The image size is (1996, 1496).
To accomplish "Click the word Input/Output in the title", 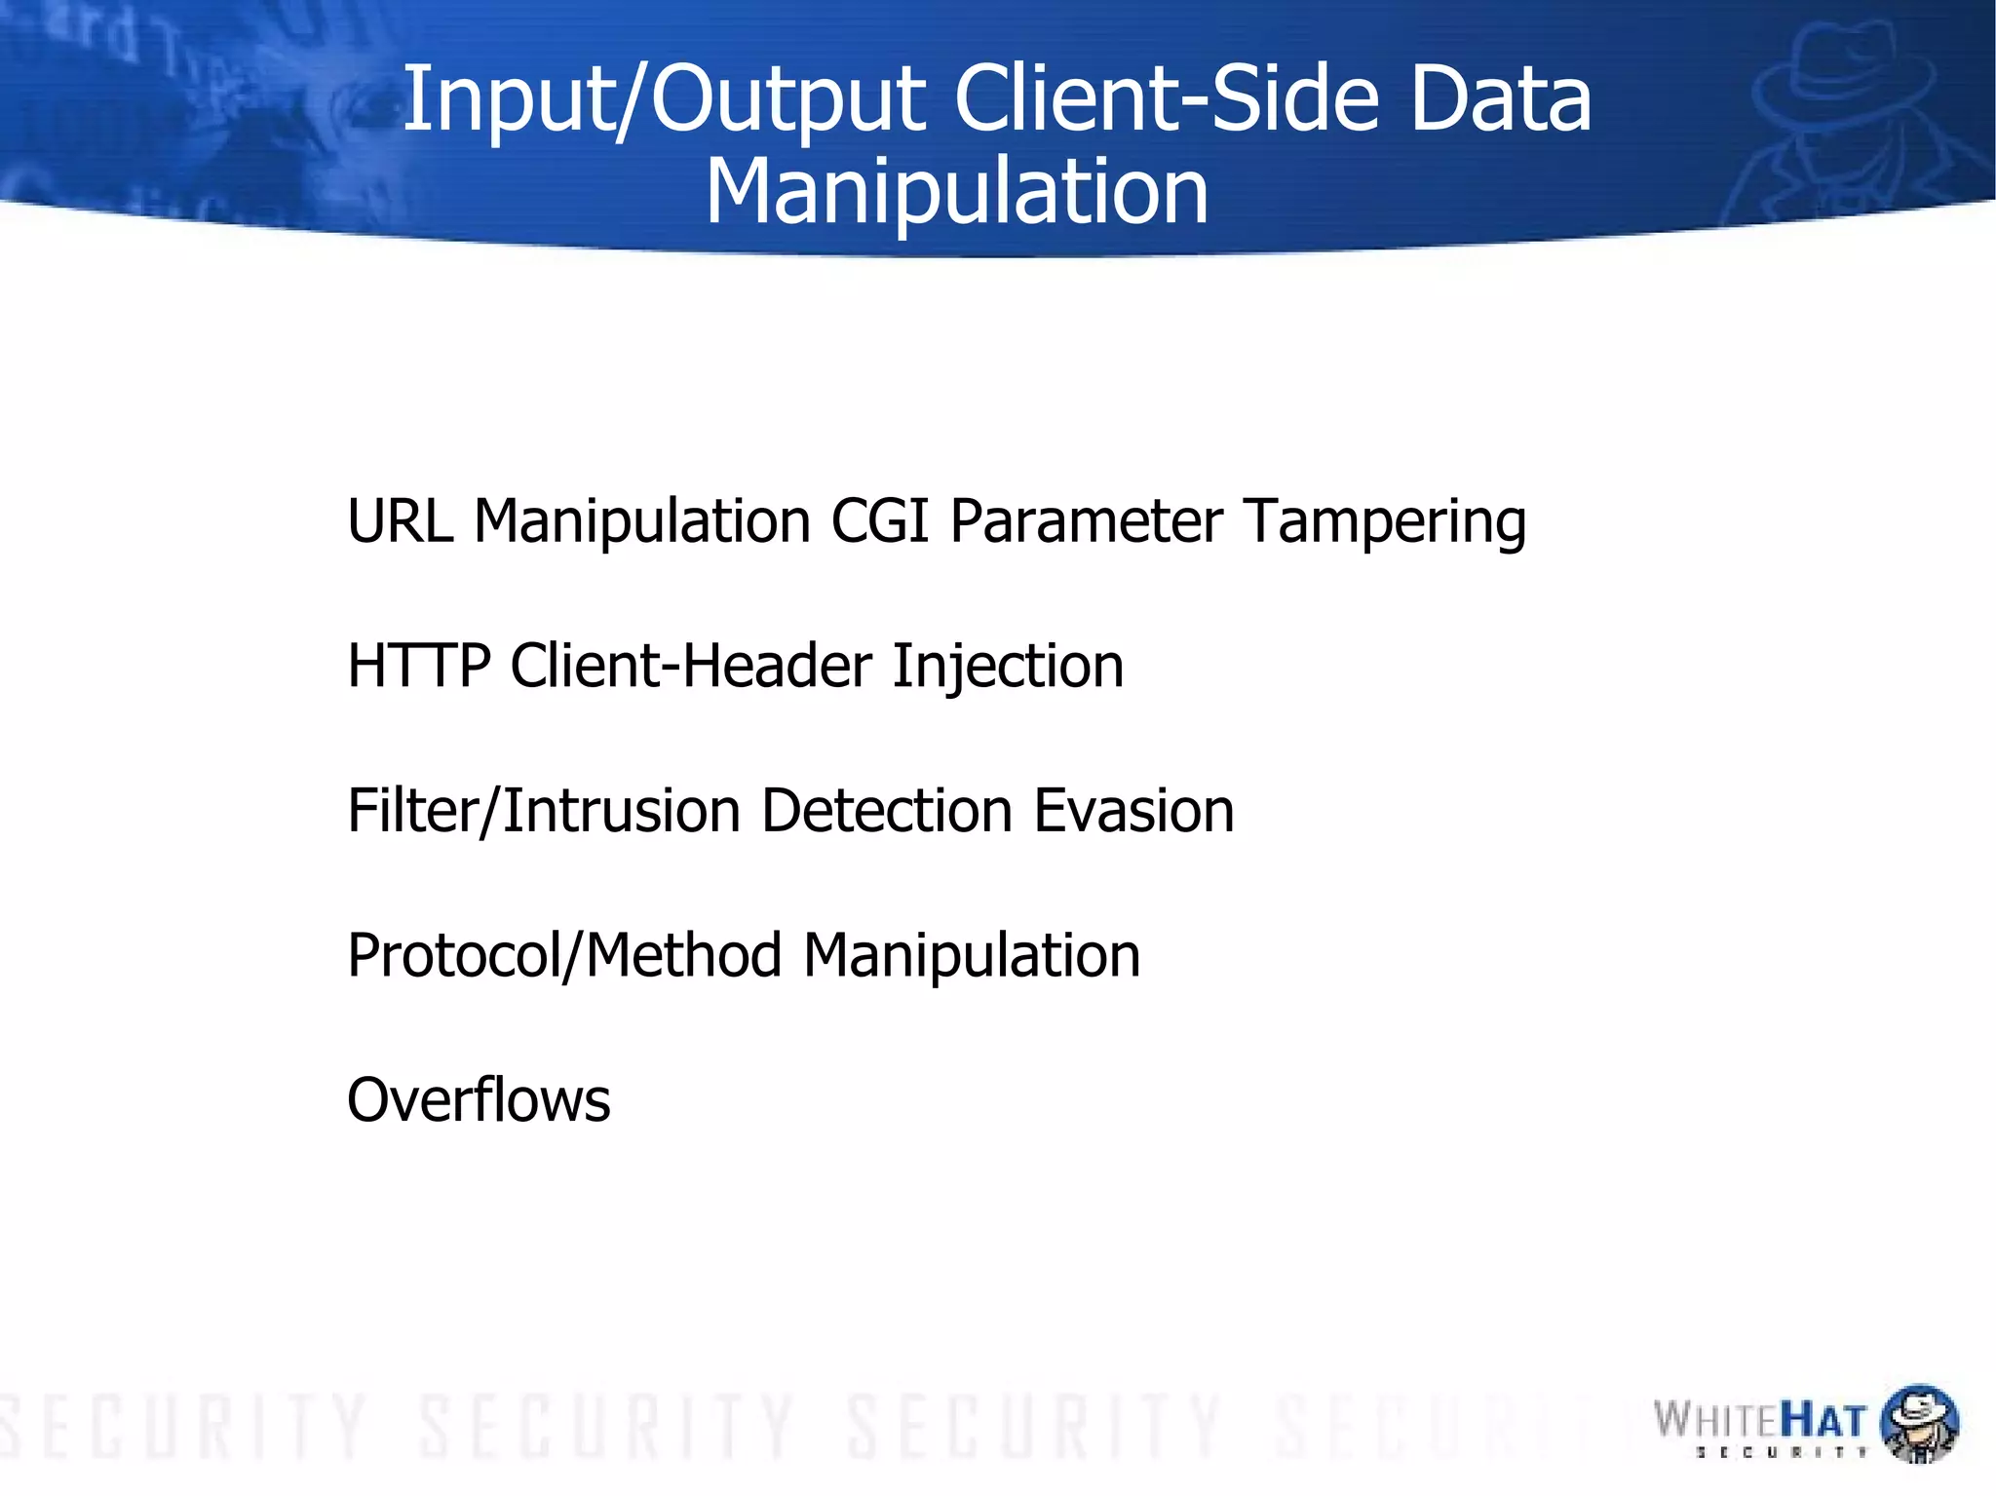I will click(x=664, y=99).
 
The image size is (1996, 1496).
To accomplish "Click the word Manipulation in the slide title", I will click(x=956, y=191).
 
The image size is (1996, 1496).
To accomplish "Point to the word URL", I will click(x=401, y=520).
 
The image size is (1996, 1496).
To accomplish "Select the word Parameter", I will click(x=1086, y=520).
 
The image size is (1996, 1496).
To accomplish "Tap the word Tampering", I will click(x=1385, y=522).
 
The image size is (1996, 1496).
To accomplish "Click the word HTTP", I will click(x=419, y=667).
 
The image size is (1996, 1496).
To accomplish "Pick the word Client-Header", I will click(x=691, y=667).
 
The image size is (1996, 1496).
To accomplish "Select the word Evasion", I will click(x=1133, y=811).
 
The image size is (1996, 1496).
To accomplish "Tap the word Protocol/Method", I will click(x=564, y=955).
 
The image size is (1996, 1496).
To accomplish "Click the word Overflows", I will click(x=479, y=1100).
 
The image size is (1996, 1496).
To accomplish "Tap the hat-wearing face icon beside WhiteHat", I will click(x=1917, y=1422).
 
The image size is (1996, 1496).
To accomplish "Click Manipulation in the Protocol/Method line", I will click(x=972, y=956).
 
